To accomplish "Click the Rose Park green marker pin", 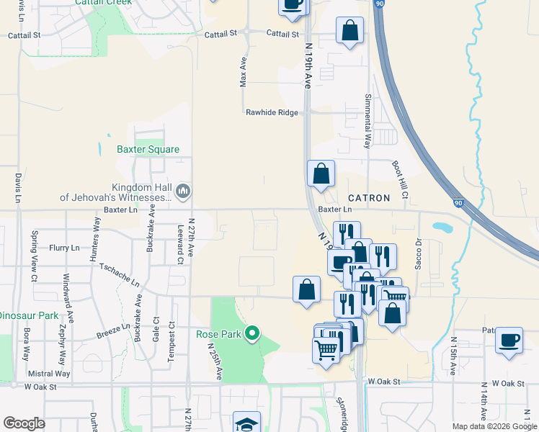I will [x=252, y=333].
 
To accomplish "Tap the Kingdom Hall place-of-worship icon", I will [x=183, y=191].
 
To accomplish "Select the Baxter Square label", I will [x=148, y=150].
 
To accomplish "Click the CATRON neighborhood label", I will [x=369, y=197].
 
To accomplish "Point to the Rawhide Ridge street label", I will [x=272, y=112].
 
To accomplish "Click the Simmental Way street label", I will [x=367, y=121].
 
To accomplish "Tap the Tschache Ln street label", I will [x=120, y=274].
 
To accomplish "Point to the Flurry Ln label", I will [x=64, y=248].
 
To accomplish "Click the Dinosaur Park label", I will [x=27, y=315].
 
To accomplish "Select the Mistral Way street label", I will [x=49, y=374].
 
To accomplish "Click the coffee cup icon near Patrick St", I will [x=509, y=338].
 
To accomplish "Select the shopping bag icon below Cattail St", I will [x=349, y=30].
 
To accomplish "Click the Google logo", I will [x=24, y=423].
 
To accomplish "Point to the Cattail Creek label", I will [x=104, y=3].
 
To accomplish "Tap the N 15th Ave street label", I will [x=453, y=356].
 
